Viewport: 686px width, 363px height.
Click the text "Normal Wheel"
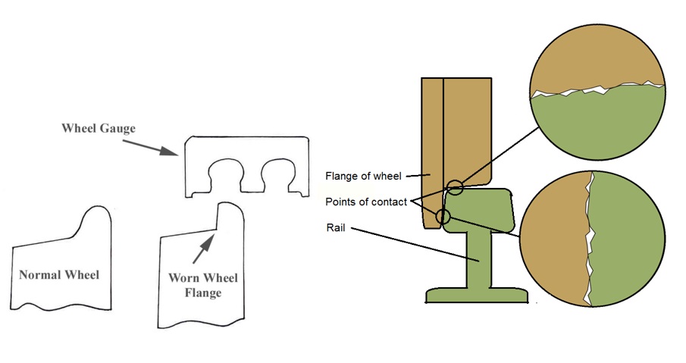click(x=59, y=274)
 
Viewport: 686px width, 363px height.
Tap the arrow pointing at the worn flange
click(x=207, y=244)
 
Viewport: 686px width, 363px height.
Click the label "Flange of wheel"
click(x=362, y=177)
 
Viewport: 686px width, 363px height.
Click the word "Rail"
click(x=336, y=227)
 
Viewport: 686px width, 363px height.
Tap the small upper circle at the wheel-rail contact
click(x=455, y=187)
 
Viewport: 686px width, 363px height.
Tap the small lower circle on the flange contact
click(x=444, y=218)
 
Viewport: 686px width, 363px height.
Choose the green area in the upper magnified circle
click(x=595, y=121)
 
